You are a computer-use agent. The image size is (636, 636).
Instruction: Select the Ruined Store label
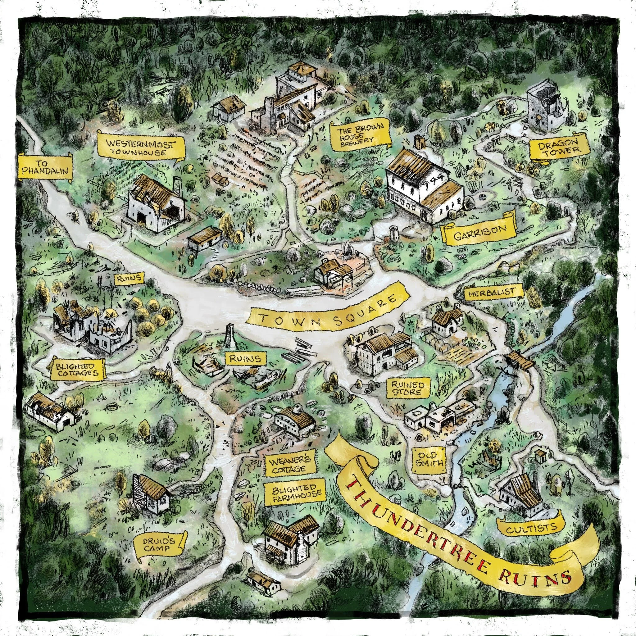tap(406, 388)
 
